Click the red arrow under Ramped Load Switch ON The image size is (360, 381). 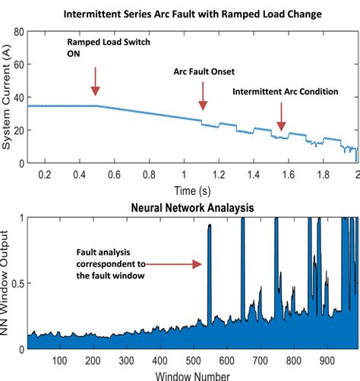(x=95, y=81)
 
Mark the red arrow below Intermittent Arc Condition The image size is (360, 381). (x=280, y=117)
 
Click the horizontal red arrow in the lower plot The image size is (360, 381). (x=175, y=264)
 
